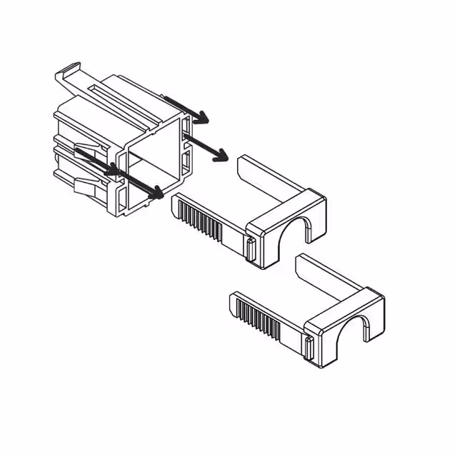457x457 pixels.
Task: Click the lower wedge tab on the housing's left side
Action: [86, 188]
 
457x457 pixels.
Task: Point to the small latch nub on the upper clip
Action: [251, 249]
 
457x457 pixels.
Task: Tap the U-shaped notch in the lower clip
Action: [361, 329]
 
